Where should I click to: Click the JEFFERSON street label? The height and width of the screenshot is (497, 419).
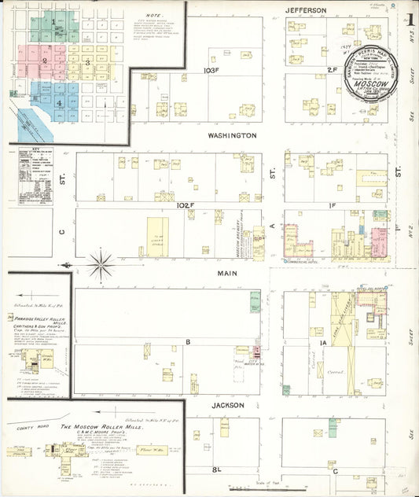coord(306,10)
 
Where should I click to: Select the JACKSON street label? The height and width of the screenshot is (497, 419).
coord(228,405)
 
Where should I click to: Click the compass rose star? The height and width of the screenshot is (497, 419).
coord(101,265)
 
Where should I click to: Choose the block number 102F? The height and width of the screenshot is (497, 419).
coord(186,204)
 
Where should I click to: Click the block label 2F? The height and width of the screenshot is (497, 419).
coord(332,71)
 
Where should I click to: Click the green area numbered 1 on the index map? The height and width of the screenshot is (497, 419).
coord(53,24)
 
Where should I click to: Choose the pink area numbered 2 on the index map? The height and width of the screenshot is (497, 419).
coord(45,60)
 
